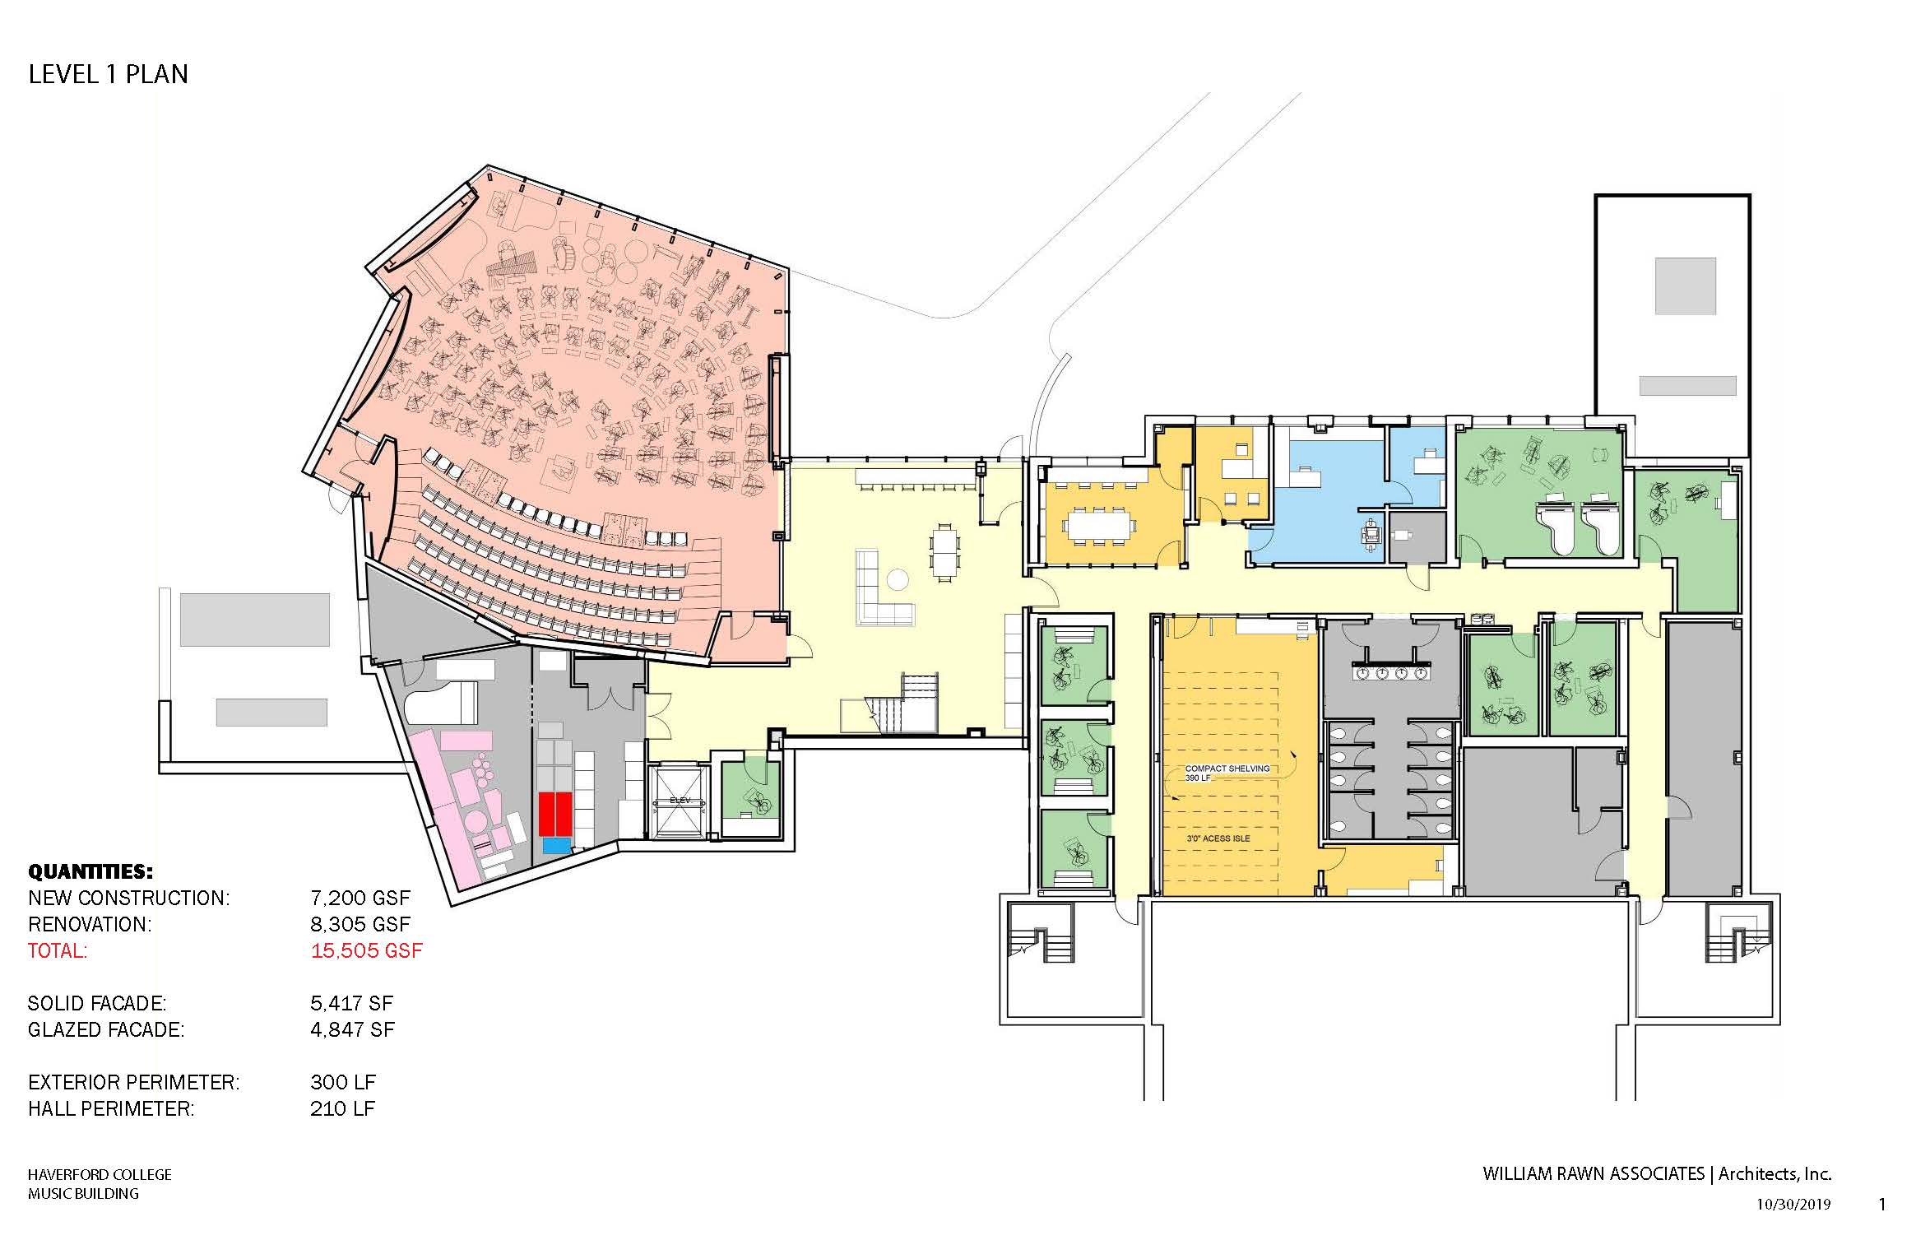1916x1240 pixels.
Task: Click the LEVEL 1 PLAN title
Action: click(x=108, y=74)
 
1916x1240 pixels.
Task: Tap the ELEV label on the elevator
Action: click(x=678, y=801)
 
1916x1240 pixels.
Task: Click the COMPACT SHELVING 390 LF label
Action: click(x=1227, y=773)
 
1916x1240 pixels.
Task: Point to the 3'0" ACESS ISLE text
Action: click(x=1218, y=838)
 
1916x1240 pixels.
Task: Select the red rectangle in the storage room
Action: click(x=555, y=814)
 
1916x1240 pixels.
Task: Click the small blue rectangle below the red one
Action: click(x=556, y=845)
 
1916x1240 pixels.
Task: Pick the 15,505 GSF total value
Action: click(x=366, y=951)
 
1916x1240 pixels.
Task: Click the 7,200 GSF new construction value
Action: click(x=360, y=898)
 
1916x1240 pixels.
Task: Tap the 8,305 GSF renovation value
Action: click(x=360, y=924)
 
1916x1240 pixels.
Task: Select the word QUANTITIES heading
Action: click(x=90, y=872)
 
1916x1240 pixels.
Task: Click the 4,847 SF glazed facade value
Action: click(x=352, y=1029)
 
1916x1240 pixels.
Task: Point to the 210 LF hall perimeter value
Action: click(x=342, y=1108)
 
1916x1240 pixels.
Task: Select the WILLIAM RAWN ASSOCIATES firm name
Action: click(x=1594, y=1174)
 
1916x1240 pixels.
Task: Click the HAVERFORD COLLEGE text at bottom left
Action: click(x=100, y=1175)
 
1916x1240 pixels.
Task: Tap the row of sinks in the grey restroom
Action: click(x=1394, y=672)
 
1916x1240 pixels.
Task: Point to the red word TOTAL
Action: click(x=57, y=951)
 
